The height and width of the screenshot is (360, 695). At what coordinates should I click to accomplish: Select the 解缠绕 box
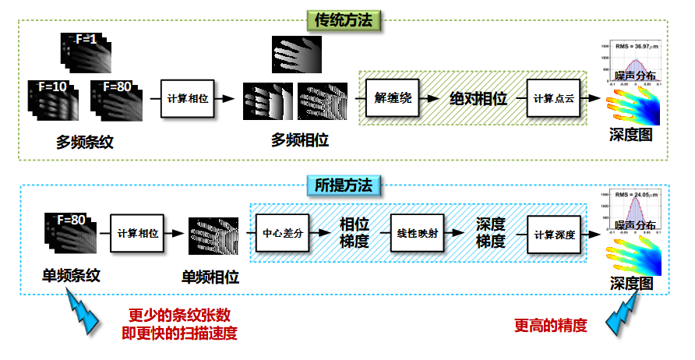click(393, 99)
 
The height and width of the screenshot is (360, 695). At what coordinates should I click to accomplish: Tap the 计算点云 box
click(553, 99)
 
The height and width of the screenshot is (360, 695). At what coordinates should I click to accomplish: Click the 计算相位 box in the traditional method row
click(186, 99)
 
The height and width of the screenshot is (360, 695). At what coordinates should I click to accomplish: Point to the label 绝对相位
click(478, 99)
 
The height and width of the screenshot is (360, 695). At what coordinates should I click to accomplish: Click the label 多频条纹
click(76, 141)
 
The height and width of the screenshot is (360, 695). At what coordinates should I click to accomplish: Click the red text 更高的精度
click(550, 326)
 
